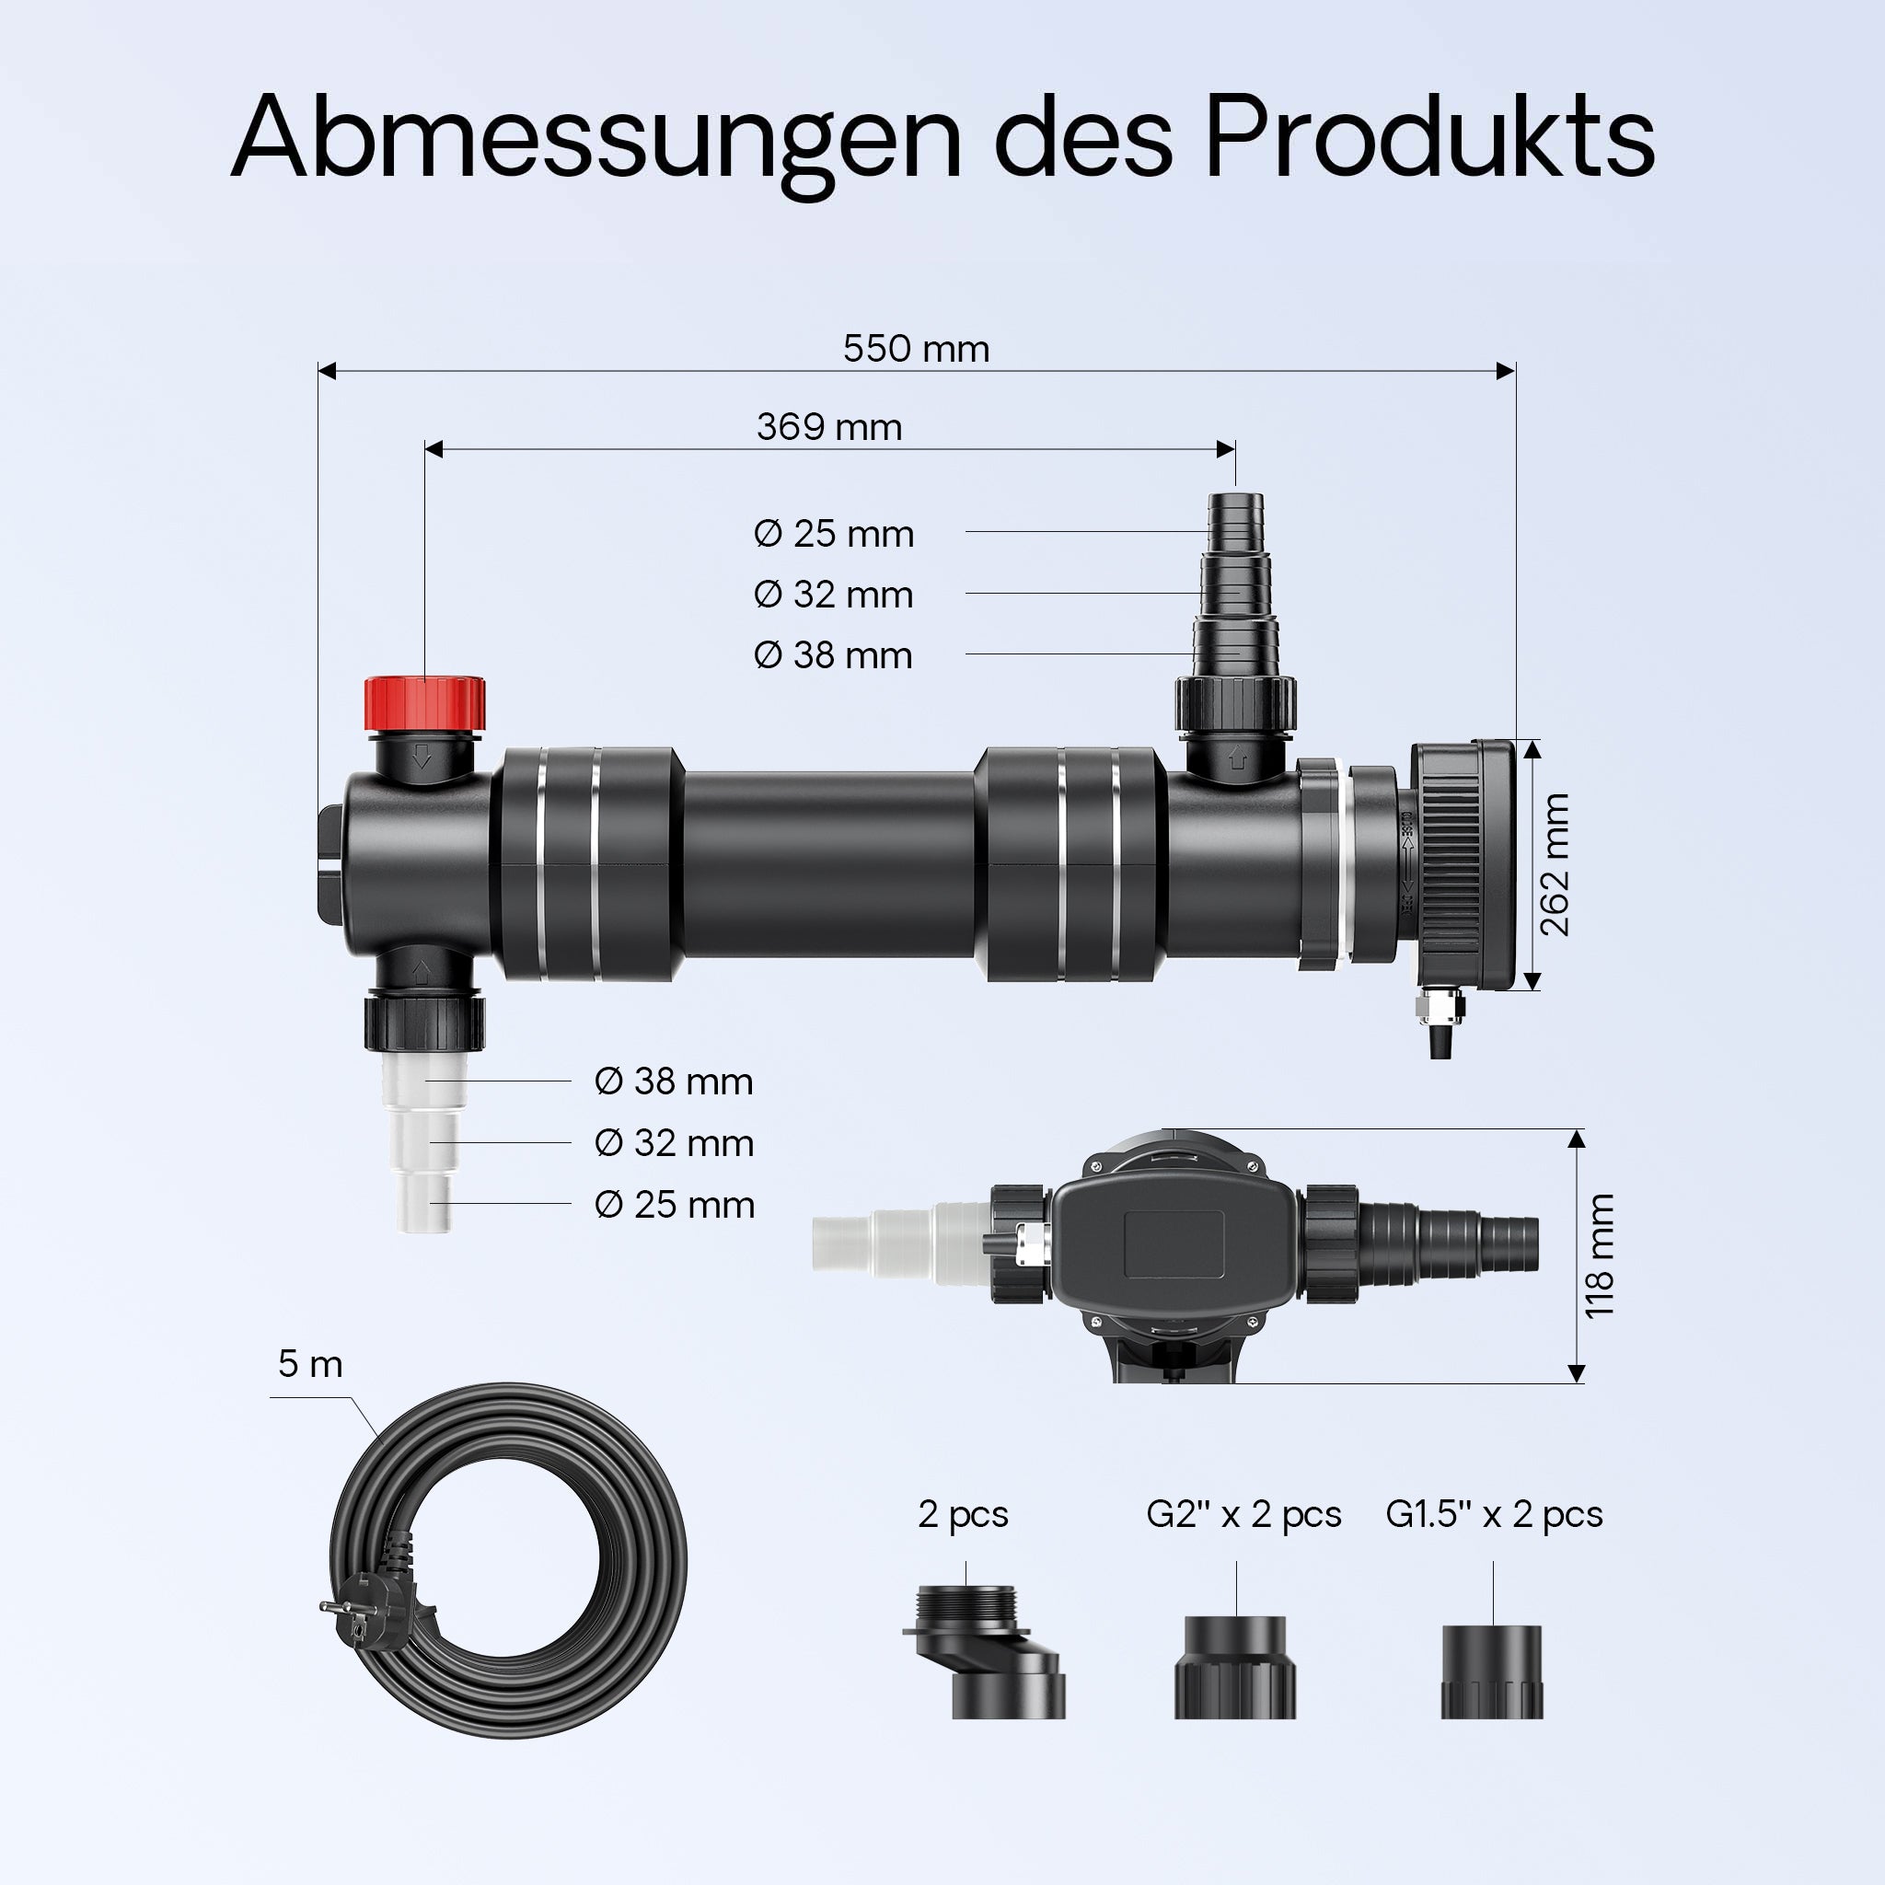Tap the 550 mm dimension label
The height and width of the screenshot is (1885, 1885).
pos(916,349)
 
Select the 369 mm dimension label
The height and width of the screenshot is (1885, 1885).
pos(829,427)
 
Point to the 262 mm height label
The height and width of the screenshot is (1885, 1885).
pos(1555,864)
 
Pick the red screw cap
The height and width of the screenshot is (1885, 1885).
pos(424,701)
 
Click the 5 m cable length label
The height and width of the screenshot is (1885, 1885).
pos(310,1364)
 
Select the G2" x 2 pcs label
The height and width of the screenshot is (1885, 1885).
pos(1243,1513)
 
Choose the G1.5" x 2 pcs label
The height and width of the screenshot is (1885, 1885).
pos(1494,1513)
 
